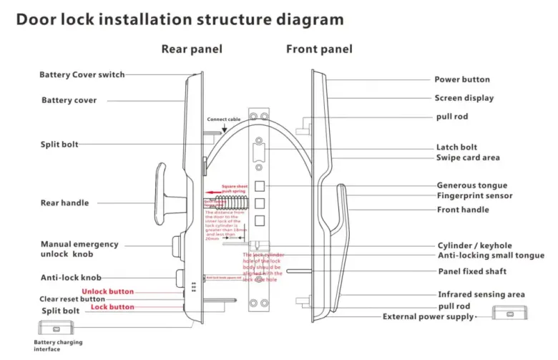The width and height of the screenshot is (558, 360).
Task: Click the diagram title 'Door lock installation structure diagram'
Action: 180,19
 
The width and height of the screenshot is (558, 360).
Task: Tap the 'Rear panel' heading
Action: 191,49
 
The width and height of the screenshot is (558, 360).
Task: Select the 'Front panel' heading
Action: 319,49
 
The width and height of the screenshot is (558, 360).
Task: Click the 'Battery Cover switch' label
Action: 82,74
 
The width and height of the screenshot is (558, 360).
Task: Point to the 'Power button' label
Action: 462,79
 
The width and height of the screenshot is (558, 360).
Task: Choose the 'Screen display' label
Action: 464,98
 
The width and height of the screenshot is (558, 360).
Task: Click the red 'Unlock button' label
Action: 107,291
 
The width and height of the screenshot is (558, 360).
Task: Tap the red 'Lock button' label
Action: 112,307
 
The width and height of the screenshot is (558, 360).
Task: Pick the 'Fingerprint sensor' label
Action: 474,195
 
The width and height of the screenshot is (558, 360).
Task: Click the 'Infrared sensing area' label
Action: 481,294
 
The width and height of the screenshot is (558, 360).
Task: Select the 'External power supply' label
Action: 428,316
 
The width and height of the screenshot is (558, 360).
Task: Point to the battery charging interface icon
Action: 55,329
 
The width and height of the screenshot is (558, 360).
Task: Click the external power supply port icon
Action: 510,313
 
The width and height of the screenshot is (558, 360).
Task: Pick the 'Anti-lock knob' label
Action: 71,277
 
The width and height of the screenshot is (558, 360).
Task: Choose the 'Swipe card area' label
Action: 468,157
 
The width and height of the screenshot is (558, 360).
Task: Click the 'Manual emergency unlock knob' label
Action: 79,249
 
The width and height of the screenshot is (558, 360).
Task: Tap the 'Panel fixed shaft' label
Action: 472,271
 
